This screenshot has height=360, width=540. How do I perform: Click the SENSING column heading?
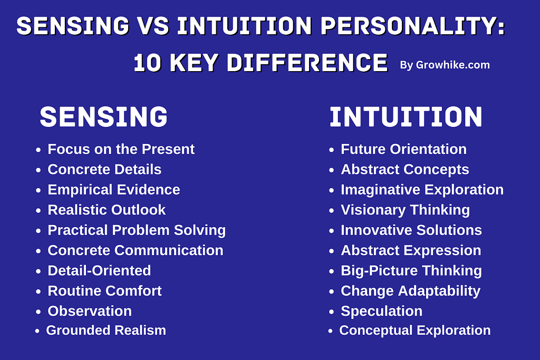pyautogui.click(x=104, y=116)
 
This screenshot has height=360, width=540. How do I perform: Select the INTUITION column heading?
pyautogui.click(x=406, y=117)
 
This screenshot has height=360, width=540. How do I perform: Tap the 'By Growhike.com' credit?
pyautogui.click(x=445, y=65)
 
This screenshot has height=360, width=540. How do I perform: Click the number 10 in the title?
pyautogui.click(x=147, y=63)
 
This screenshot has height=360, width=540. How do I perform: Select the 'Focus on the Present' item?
pyautogui.click(x=121, y=149)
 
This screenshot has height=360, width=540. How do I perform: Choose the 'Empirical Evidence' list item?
pyautogui.click(x=114, y=190)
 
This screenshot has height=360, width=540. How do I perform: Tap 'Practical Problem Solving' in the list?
pyautogui.click(x=137, y=230)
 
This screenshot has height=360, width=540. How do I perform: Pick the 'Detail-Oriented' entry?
pyautogui.click(x=99, y=270)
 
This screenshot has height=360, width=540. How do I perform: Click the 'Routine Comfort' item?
pyautogui.click(x=104, y=291)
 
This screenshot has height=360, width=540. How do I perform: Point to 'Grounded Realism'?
pyautogui.click(x=106, y=330)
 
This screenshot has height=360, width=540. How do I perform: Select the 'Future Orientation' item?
pyautogui.click(x=403, y=149)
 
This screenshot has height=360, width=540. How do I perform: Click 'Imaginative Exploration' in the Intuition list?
pyautogui.click(x=422, y=190)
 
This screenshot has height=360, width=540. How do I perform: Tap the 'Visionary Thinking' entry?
pyautogui.click(x=406, y=210)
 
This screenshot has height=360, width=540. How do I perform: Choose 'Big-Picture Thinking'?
pyautogui.click(x=411, y=271)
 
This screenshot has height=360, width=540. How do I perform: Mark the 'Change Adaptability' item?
pyautogui.click(x=410, y=291)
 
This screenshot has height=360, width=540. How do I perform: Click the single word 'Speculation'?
pyautogui.click(x=382, y=311)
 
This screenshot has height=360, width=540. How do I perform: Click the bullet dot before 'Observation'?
pyautogui.click(x=38, y=312)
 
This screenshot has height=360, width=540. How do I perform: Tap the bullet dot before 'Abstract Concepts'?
pyautogui.click(x=331, y=170)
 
